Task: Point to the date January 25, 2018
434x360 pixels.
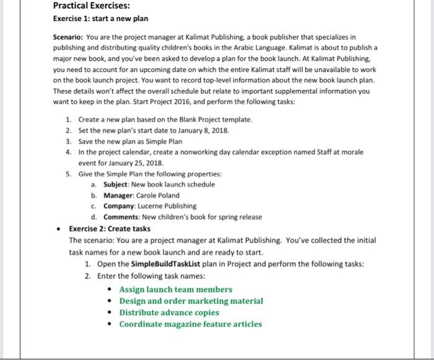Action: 129,163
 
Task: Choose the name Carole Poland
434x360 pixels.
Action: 158,195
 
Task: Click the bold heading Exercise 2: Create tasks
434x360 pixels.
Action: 110,228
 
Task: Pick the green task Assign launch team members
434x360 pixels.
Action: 175,289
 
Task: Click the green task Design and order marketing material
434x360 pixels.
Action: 191,301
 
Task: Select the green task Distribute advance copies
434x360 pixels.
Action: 169,312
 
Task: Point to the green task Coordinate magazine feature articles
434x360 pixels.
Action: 190,324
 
